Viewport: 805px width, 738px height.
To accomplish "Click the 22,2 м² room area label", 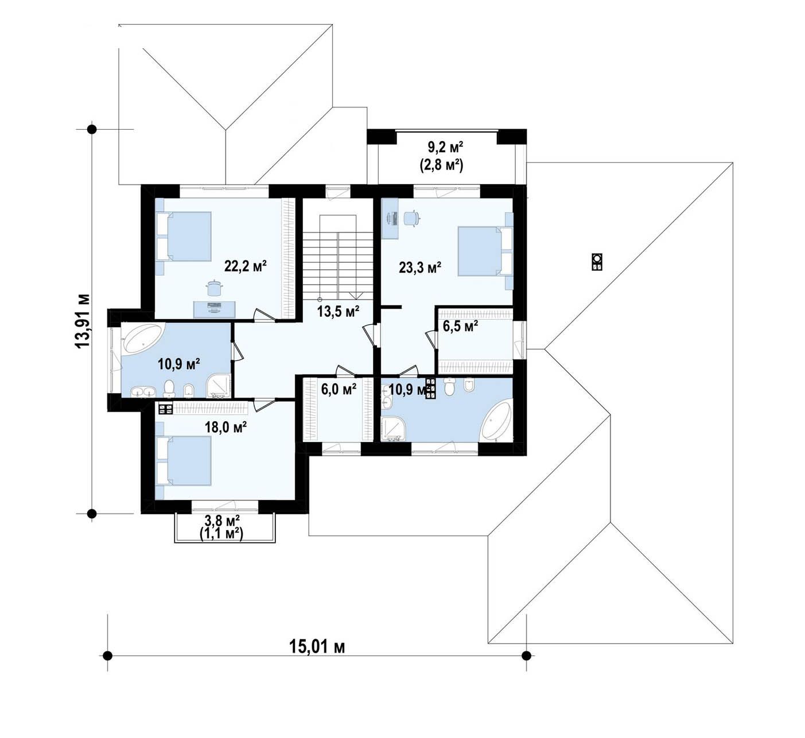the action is click(x=245, y=266).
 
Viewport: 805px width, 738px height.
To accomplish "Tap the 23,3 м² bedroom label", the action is click(x=420, y=267).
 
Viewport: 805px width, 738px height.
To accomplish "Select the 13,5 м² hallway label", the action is click(x=338, y=311).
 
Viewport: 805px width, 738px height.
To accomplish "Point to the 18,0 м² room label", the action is click(x=225, y=427).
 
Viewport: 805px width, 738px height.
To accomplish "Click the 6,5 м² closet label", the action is click(x=460, y=326).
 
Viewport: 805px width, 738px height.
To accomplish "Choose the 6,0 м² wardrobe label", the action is click(x=339, y=389).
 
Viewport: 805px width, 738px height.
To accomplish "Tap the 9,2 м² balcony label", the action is click(x=445, y=147).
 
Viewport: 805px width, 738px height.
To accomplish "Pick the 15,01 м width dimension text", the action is click(x=317, y=647).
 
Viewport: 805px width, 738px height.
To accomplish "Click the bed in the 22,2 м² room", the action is click(x=184, y=236).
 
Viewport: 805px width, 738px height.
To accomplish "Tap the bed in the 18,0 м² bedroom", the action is click(x=184, y=461).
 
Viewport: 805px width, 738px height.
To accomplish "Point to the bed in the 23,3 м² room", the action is click(x=485, y=251).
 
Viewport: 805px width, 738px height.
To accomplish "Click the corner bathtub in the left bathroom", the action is click(x=142, y=339).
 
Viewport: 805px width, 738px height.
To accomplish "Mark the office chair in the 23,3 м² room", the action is click(x=411, y=218).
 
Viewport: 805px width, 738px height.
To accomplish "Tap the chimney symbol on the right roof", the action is click(x=597, y=261).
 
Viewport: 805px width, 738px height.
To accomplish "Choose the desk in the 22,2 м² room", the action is click(x=215, y=309).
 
